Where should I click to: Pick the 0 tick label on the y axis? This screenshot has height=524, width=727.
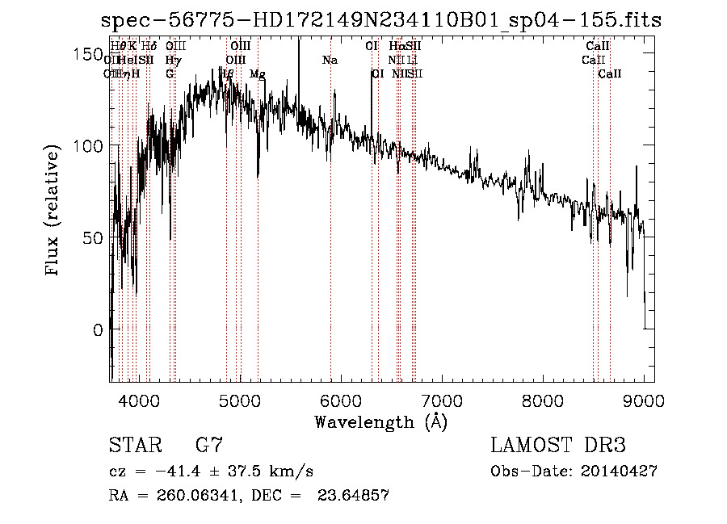98,330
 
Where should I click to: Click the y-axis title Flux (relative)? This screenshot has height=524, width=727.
54,212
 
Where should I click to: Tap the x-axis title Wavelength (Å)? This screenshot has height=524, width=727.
381,421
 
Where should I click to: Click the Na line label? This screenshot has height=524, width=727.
330,61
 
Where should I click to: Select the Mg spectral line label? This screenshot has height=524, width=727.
258,74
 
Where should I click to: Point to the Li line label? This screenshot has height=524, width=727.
413,61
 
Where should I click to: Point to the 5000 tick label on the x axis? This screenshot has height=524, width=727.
239,400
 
